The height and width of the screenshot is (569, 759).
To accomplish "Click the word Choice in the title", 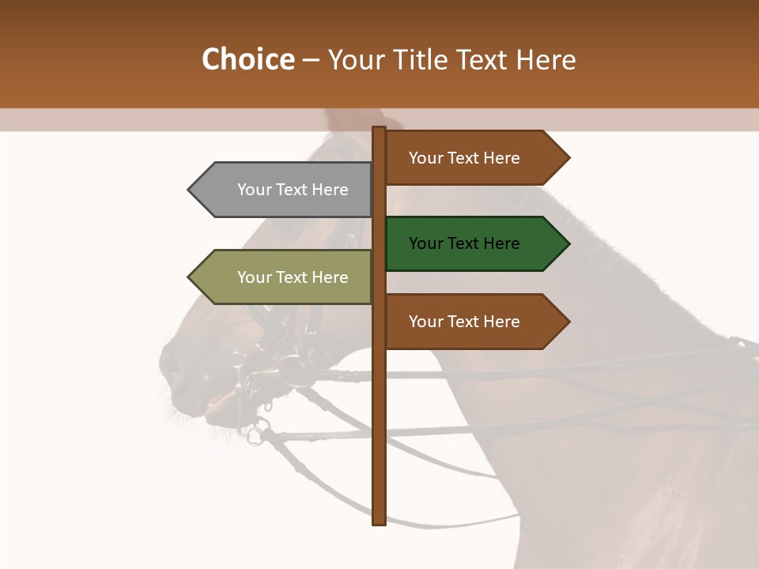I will (247, 59).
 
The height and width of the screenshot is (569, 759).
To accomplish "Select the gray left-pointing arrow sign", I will (285, 190).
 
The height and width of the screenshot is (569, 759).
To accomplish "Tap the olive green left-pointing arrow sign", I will (285, 277).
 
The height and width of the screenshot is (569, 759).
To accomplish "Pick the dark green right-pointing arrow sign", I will (471, 243).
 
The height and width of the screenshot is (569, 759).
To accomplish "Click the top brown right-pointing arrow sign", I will (471, 158).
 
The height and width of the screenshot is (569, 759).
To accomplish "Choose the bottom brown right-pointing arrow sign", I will (471, 322).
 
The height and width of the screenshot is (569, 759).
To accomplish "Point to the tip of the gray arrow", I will (190, 190).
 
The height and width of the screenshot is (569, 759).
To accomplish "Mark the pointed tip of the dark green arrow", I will (568, 243).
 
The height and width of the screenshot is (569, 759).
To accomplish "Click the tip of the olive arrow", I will (190, 277).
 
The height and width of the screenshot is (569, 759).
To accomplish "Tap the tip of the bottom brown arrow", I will (568, 322).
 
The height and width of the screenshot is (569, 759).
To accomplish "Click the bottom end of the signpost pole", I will (379, 522).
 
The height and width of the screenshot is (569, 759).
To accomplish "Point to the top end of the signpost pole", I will (379, 129).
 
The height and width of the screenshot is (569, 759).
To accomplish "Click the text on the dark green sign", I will (464, 243).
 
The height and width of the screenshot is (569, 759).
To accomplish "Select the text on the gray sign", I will (293, 190).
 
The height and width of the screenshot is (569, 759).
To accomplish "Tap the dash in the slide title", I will (311, 60).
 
